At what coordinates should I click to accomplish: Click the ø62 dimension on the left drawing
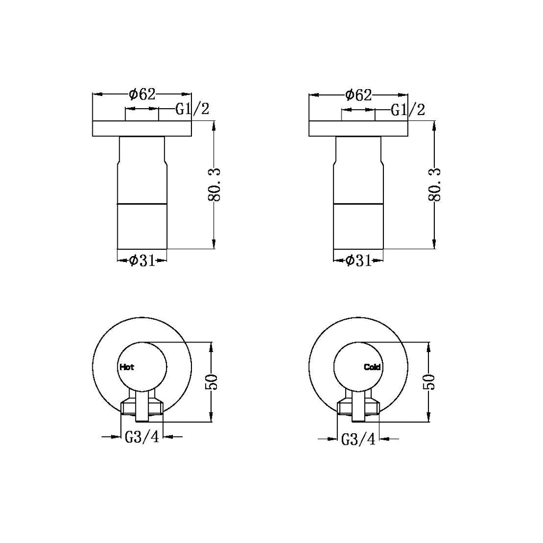click(x=142, y=94)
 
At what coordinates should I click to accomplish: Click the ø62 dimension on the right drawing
click(x=358, y=94)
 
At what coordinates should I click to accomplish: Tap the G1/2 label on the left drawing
click(x=192, y=110)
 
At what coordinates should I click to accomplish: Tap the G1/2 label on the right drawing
click(x=408, y=110)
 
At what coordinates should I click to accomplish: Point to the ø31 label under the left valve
click(x=142, y=260)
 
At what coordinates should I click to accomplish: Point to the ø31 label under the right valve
click(x=358, y=260)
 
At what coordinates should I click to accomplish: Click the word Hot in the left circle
click(x=127, y=366)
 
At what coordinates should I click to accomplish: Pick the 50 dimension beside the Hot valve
click(x=211, y=382)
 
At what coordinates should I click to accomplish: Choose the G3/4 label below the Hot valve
click(x=142, y=437)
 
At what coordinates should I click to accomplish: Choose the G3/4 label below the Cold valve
click(x=358, y=440)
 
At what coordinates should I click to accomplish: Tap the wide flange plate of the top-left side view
click(x=142, y=129)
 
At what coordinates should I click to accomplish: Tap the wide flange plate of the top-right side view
click(x=358, y=129)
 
